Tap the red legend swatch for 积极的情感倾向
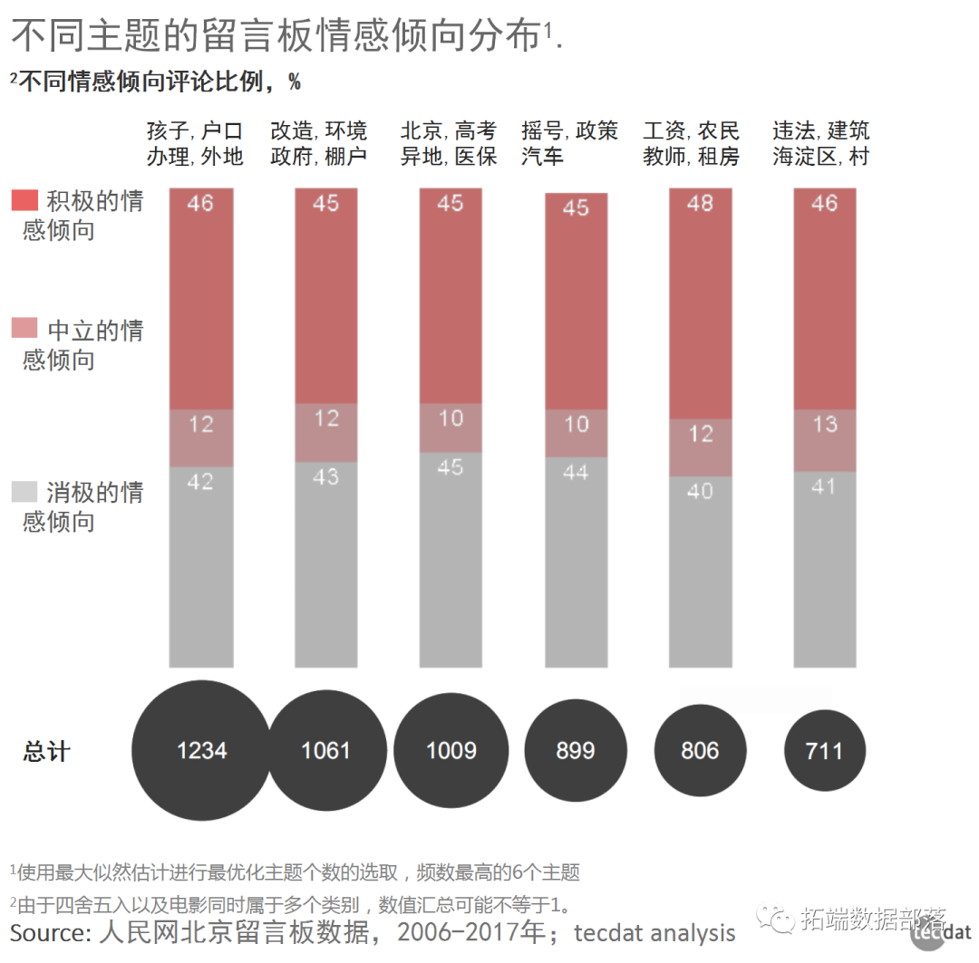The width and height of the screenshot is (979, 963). (x=24, y=200)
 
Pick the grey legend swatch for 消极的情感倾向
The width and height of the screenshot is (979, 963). (x=24, y=492)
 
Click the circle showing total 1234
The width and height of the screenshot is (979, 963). (x=201, y=750)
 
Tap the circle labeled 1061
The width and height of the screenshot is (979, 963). (x=325, y=750)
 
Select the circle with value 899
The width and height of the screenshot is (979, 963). (x=576, y=750)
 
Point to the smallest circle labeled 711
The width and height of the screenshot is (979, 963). (x=825, y=750)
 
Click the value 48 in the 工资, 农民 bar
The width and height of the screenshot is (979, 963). (x=700, y=203)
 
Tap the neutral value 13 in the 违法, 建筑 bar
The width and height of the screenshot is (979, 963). (x=825, y=424)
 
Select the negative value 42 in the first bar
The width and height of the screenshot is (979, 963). (x=200, y=481)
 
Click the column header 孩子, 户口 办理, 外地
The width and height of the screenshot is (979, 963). (x=196, y=143)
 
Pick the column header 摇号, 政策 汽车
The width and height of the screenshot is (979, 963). (x=569, y=143)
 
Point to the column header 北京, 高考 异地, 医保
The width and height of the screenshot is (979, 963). (x=450, y=143)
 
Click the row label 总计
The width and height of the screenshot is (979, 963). (x=46, y=751)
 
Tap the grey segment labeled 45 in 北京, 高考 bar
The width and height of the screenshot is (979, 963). (x=451, y=467)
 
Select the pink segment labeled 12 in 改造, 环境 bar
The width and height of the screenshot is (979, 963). (x=325, y=419)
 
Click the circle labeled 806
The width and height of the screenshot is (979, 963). (x=700, y=750)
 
